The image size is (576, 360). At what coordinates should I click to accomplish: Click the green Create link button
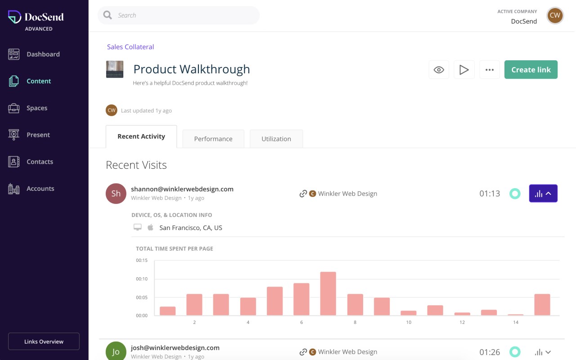pyautogui.click(x=531, y=70)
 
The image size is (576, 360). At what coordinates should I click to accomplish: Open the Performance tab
pyautogui.click(x=213, y=139)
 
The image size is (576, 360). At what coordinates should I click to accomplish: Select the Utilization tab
pyautogui.click(x=276, y=139)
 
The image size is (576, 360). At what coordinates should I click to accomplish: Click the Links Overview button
pyautogui.click(x=44, y=342)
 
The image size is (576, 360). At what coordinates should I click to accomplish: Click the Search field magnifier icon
pyautogui.click(x=108, y=15)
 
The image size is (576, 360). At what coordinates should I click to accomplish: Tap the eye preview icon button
pyautogui.click(x=439, y=70)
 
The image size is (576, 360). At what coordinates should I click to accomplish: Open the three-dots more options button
pyautogui.click(x=489, y=70)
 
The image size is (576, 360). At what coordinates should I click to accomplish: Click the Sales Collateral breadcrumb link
pyautogui.click(x=130, y=47)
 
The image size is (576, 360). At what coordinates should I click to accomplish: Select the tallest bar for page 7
pyautogui.click(x=328, y=293)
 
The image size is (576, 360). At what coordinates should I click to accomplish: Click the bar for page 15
pyautogui.click(x=542, y=305)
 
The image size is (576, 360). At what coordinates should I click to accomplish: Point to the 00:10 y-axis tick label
pyautogui.click(x=142, y=279)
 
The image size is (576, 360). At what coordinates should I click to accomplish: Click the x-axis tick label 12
pyautogui.click(x=462, y=322)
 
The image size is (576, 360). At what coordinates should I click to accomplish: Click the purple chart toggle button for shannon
pyautogui.click(x=543, y=193)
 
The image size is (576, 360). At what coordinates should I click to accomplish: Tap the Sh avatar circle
pyautogui.click(x=116, y=193)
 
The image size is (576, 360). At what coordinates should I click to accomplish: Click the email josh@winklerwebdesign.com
pyautogui.click(x=175, y=348)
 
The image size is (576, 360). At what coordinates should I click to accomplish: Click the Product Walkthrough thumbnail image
pyautogui.click(x=115, y=69)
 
